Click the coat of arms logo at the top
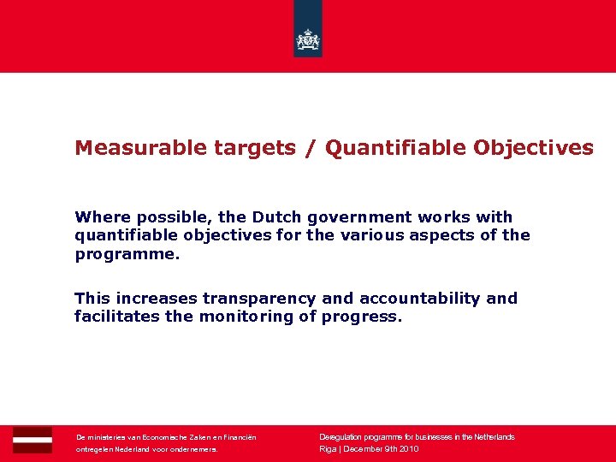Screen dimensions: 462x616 coord(308,38)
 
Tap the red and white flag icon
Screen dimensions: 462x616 coord(33,439)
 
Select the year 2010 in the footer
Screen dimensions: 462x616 coord(407,449)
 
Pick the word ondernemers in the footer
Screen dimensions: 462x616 coord(196,449)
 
